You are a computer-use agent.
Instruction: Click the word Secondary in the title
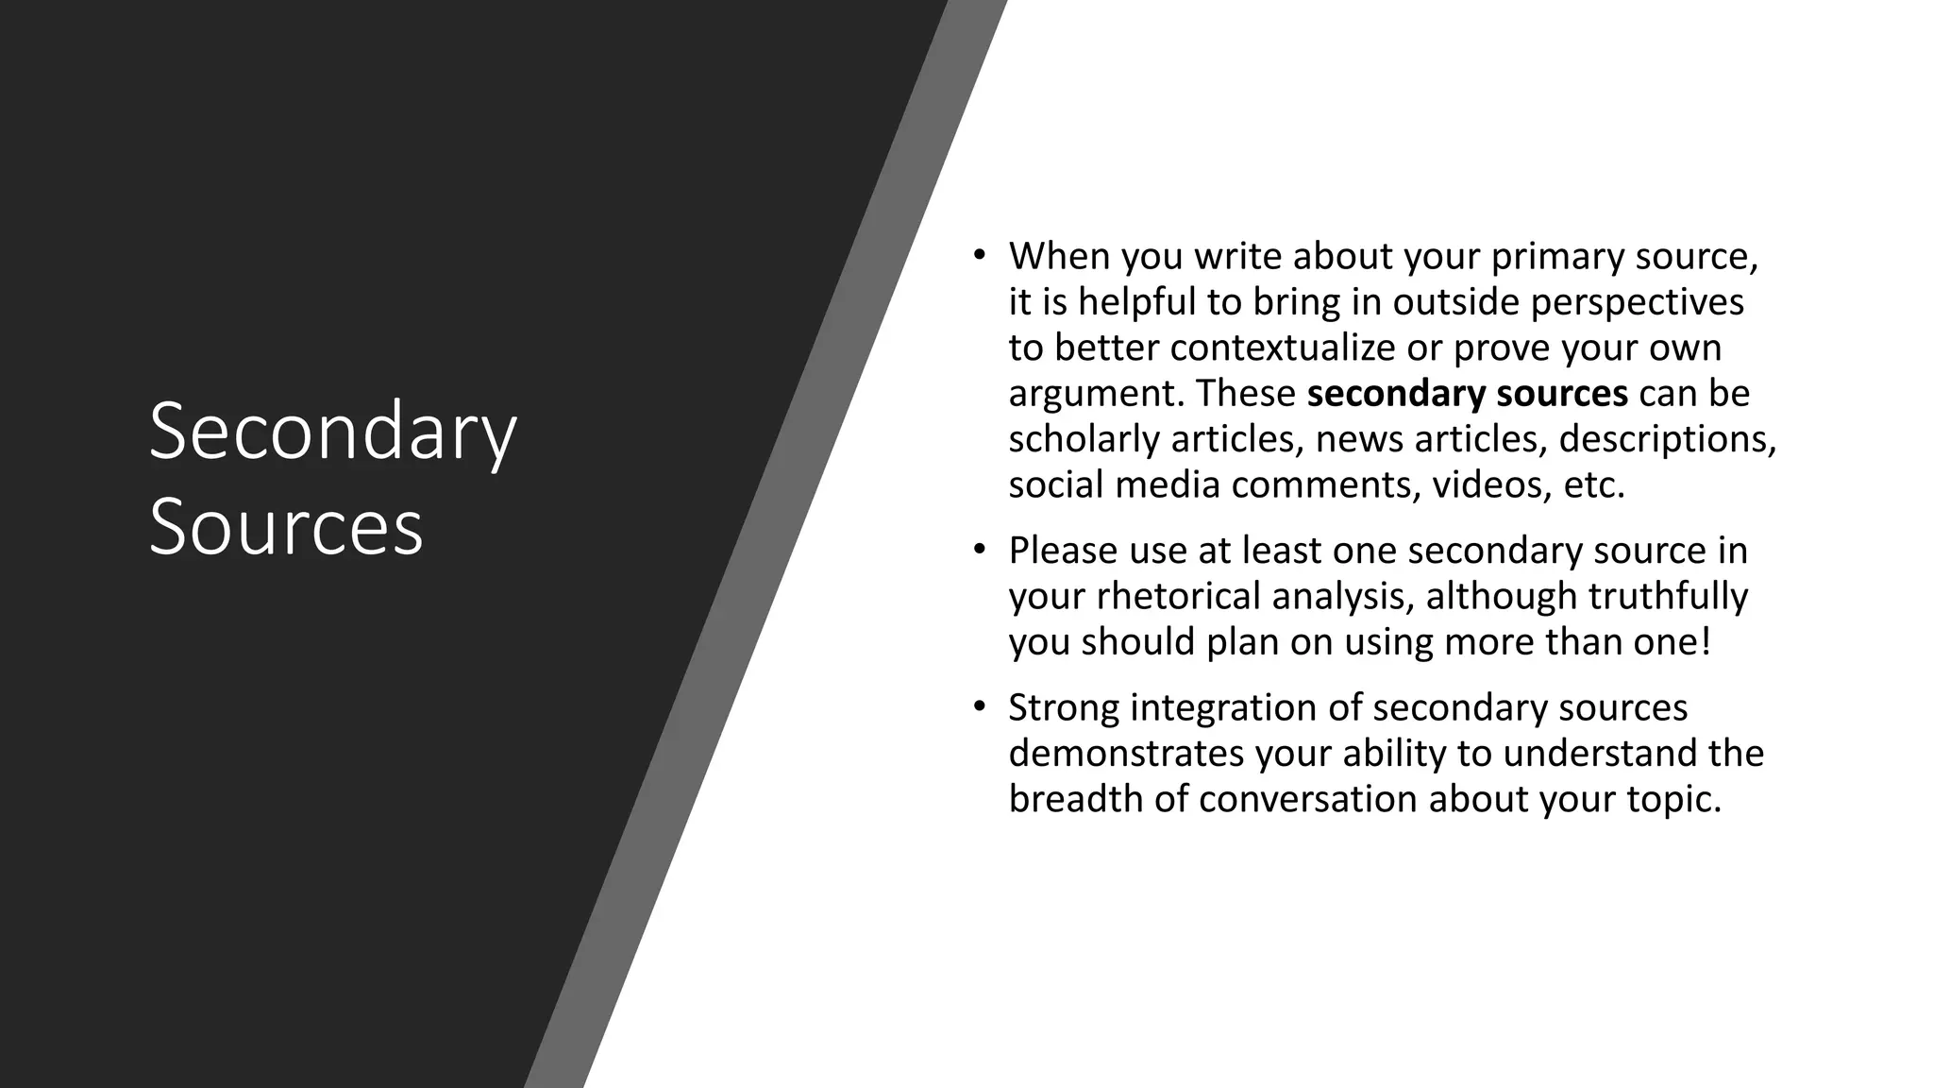pyautogui.click(x=332, y=433)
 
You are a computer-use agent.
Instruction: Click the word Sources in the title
pyautogui.click(x=286, y=527)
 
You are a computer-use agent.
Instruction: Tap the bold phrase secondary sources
pyautogui.click(x=1467, y=393)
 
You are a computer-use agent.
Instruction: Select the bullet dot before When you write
pyautogui.click(x=980, y=255)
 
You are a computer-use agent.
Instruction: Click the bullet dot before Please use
pyautogui.click(x=980, y=550)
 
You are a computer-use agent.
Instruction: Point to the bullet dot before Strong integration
pyautogui.click(x=980, y=706)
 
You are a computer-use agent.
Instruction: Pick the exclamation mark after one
pyautogui.click(x=1704, y=641)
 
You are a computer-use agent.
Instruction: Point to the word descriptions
pyautogui.click(x=1667, y=439)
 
